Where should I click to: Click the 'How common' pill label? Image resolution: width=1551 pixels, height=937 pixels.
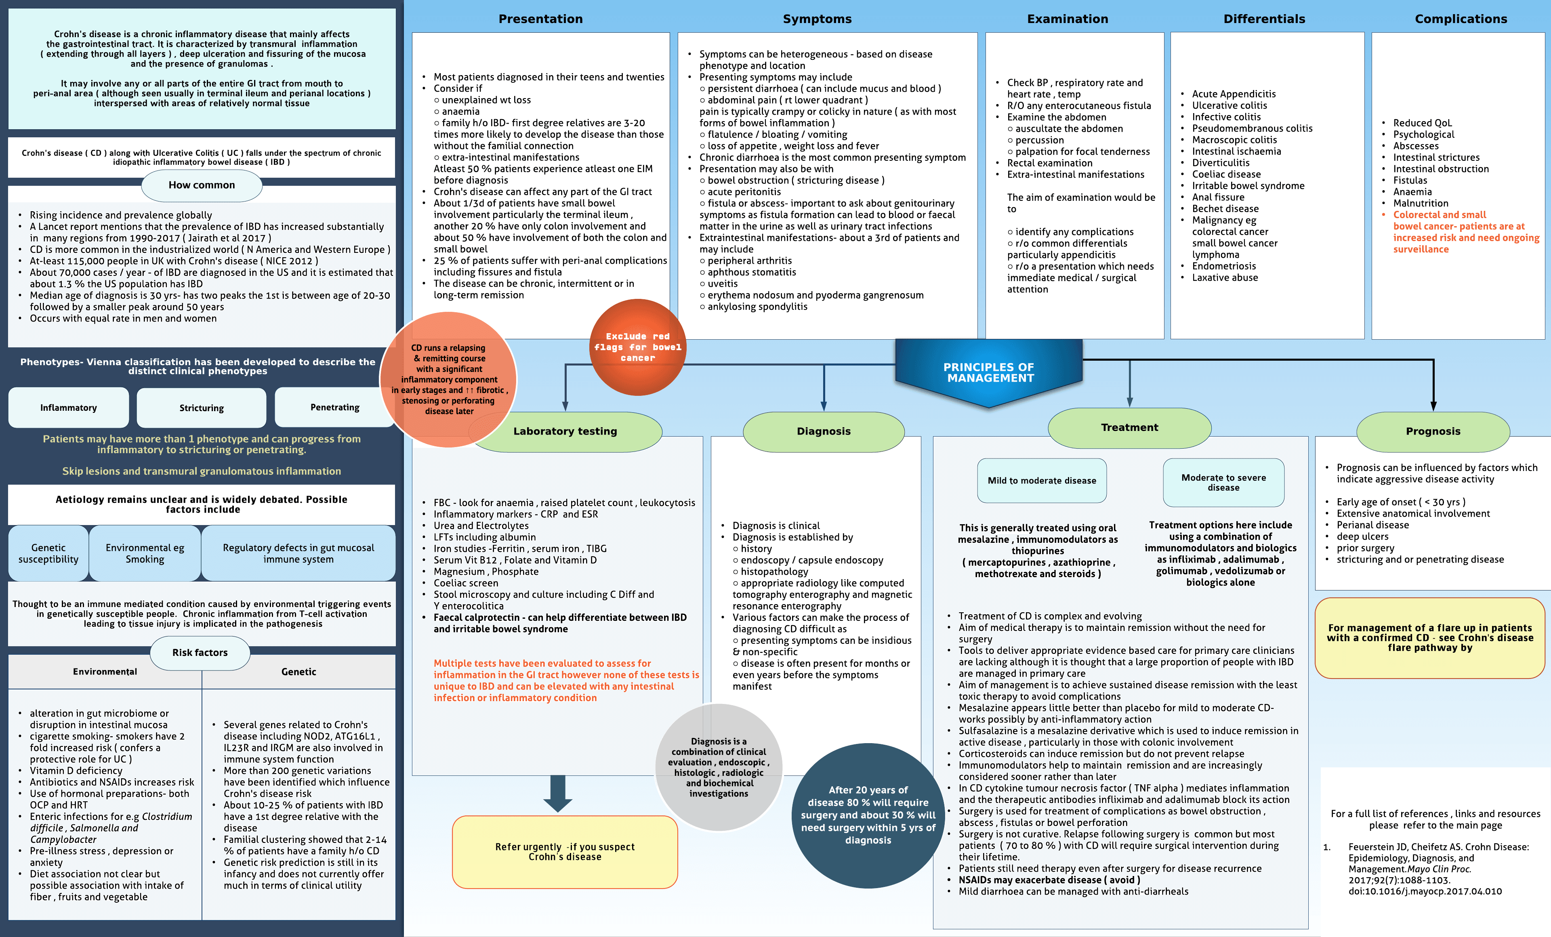coord(202,185)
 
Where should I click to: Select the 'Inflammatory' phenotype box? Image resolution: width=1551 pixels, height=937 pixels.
coord(69,408)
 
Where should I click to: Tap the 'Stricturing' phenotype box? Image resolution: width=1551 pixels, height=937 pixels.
coord(202,408)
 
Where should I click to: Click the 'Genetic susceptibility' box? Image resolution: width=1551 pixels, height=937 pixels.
coord(48,553)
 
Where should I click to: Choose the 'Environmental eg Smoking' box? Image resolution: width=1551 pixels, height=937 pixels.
coord(145,553)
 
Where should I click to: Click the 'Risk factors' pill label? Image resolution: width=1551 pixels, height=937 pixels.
coord(200,653)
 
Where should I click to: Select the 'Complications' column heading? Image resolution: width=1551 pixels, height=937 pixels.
coord(1461,19)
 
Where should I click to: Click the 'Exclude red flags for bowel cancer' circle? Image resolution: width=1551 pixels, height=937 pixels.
coord(638,347)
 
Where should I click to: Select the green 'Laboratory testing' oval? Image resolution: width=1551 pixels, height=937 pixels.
coord(565,431)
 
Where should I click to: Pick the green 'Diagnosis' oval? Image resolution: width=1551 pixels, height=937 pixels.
coord(823,431)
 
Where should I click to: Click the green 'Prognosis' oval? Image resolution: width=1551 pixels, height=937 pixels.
coord(1433,431)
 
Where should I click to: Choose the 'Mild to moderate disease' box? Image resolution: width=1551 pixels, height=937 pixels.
coord(1042,481)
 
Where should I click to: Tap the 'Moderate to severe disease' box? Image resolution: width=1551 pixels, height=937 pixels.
coord(1223,483)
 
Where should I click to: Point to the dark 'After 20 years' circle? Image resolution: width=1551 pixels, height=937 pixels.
coord(868,815)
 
